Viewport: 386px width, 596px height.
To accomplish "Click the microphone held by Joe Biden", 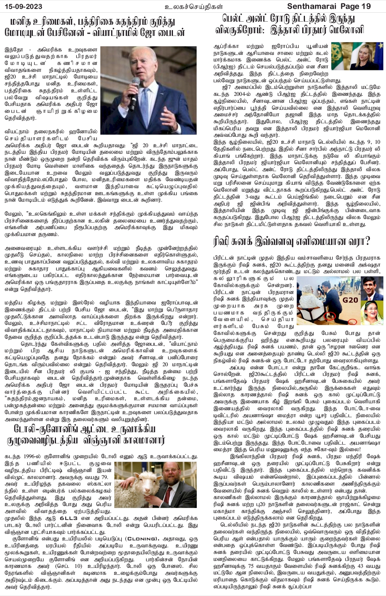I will coord(135,87).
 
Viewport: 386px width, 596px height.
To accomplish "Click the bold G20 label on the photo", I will coord(350,300).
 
